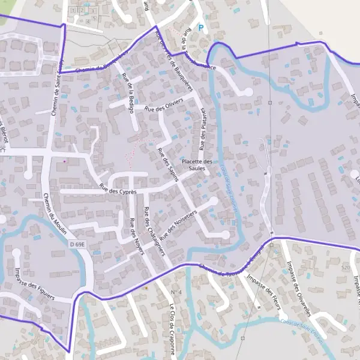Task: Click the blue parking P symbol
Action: pyautogui.click(x=201, y=28)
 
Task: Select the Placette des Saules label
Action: pyautogui.click(x=197, y=165)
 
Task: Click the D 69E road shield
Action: pyautogui.click(x=77, y=244)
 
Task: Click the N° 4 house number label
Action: pyautogui.click(x=176, y=292)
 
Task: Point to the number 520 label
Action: pyautogui.click(x=345, y=267)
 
